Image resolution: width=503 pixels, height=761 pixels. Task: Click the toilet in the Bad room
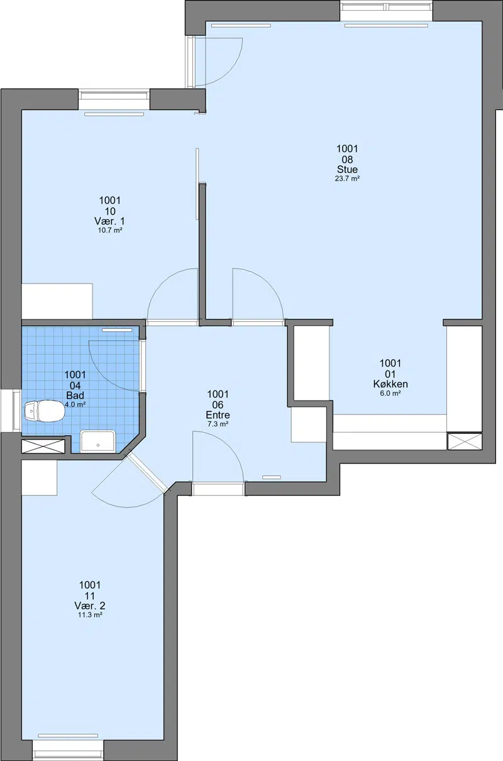(45, 411)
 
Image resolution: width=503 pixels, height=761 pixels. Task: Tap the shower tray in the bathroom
(98, 441)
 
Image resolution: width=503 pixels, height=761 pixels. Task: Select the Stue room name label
(347, 169)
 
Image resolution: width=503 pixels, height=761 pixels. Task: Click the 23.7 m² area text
(347, 179)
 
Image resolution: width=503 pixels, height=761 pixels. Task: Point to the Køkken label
(390, 384)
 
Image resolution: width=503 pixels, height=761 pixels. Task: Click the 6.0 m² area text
(390, 394)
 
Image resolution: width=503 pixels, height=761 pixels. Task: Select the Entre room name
(218, 415)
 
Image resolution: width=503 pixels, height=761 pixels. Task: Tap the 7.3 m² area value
(218, 424)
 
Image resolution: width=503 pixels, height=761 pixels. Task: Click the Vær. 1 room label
(109, 221)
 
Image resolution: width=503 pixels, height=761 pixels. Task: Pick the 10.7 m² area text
(109, 230)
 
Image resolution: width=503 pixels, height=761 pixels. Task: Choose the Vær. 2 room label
(90, 606)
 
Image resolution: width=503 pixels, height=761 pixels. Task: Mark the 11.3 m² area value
(90, 614)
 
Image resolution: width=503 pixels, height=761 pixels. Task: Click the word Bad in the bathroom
(75, 396)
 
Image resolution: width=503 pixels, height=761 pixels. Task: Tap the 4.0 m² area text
(75, 404)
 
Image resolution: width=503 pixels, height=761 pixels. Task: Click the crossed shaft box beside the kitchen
(465, 442)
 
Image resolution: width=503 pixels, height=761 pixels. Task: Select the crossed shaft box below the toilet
(43, 446)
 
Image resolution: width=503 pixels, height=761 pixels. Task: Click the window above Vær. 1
(114, 99)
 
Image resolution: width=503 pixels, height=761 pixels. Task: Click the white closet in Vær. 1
(57, 301)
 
